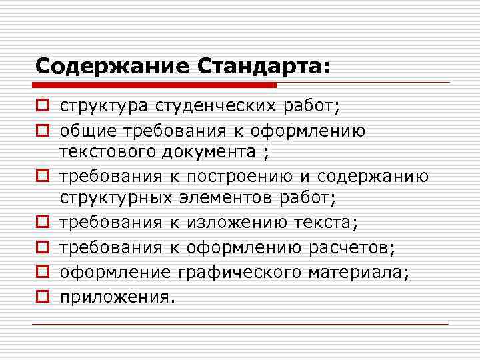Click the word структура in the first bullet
tap(103, 107)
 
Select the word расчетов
tap(352, 247)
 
